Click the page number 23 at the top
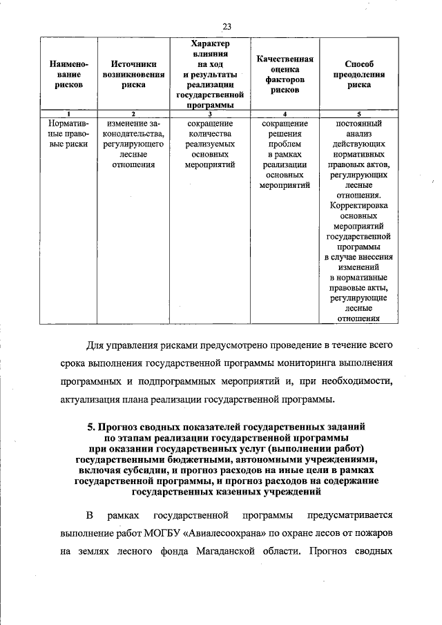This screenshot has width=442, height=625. click(226, 26)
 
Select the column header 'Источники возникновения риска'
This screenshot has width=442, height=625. click(133, 74)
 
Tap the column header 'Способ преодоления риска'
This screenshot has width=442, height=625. click(358, 74)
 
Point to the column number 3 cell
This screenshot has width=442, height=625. click(209, 113)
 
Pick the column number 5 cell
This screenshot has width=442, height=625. click(358, 113)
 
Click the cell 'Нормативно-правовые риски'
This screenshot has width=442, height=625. click(68, 134)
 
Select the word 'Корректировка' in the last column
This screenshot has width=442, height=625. click(358, 205)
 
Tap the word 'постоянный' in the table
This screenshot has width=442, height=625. click(358, 124)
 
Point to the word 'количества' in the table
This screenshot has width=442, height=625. click(209, 134)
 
